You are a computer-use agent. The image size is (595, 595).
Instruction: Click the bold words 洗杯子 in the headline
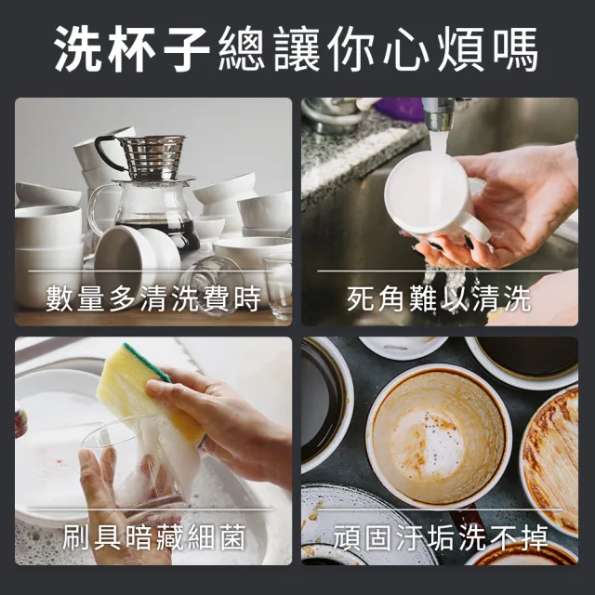(132, 49)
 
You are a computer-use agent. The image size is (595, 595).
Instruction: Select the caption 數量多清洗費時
(153, 299)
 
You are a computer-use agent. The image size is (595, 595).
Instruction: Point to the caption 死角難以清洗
(439, 299)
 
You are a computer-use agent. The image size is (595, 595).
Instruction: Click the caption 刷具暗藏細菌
(153, 537)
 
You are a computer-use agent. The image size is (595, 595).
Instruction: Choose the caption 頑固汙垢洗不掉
(441, 537)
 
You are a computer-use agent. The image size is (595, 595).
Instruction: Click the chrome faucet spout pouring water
(438, 113)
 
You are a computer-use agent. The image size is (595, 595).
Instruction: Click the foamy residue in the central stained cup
(436, 444)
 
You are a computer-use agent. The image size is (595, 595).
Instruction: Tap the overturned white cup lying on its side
(137, 254)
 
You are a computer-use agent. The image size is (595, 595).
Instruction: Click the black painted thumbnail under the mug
(469, 242)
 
